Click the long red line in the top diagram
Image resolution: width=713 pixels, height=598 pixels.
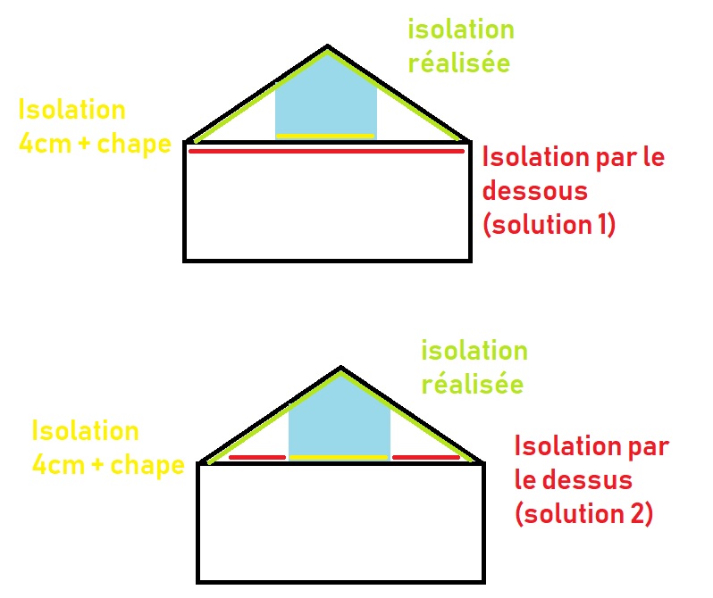click(x=326, y=152)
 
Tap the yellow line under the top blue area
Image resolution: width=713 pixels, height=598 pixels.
click(x=325, y=136)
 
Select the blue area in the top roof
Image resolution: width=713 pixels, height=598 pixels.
click(x=326, y=98)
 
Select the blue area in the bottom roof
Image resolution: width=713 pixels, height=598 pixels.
click(x=340, y=419)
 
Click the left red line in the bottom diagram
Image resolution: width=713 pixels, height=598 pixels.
click(x=257, y=458)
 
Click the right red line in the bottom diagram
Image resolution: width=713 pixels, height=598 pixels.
click(x=425, y=458)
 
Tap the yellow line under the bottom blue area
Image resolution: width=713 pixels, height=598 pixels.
click(x=340, y=458)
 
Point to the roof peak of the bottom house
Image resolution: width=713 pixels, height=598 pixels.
click(x=340, y=367)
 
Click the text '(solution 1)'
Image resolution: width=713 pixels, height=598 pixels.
click(x=549, y=223)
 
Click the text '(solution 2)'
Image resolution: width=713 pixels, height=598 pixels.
click(x=583, y=513)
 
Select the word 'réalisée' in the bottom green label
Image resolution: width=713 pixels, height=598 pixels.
click(x=472, y=385)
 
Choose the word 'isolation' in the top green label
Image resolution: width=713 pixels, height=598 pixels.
click(x=461, y=29)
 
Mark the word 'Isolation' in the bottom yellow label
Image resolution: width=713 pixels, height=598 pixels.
click(x=85, y=431)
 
